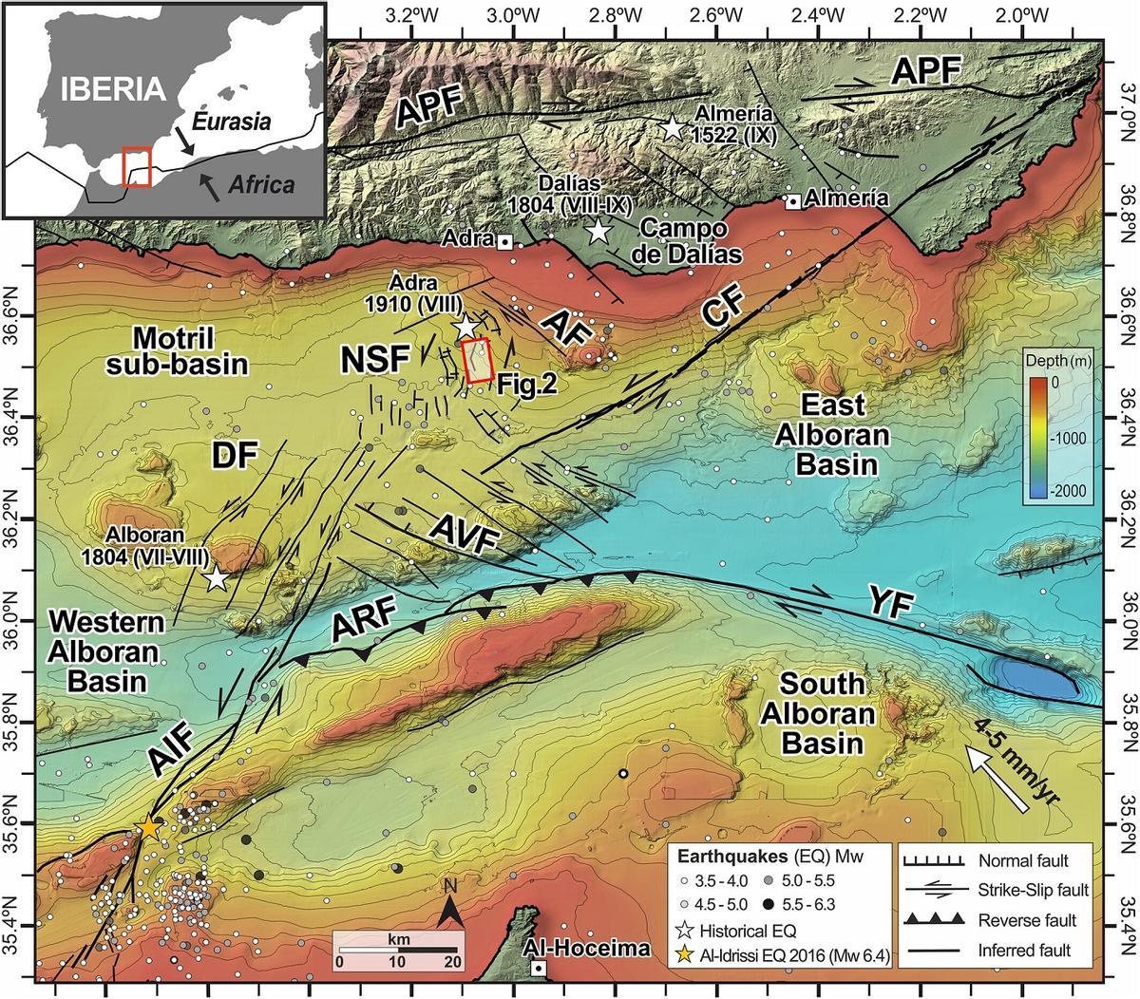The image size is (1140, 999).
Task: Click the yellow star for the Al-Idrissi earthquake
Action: point(149,827)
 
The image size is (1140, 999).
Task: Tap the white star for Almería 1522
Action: point(673,127)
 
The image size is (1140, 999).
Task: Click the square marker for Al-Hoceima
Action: point(539,968)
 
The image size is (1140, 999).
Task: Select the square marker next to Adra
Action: point(506,242)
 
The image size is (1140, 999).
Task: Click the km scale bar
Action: point(398,949)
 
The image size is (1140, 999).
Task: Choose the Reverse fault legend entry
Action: point(993,920)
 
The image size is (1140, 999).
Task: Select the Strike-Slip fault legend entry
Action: point(993,891)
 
